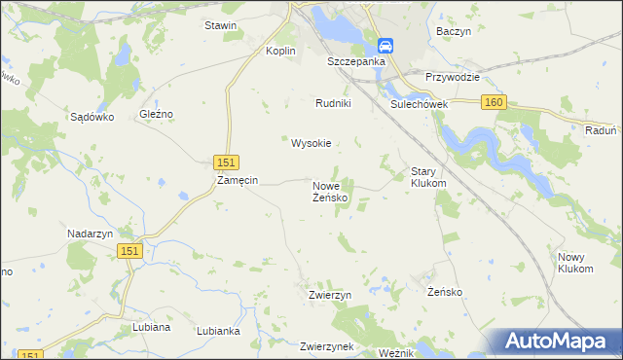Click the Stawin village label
pos(220,25)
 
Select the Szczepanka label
pos(356,60)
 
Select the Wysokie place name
pos(311,143)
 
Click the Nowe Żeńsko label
pos(331,191)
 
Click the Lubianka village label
pos(218,331)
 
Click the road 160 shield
pos(494,102)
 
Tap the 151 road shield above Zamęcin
pos(225,162)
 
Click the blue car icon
pos(385,46)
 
